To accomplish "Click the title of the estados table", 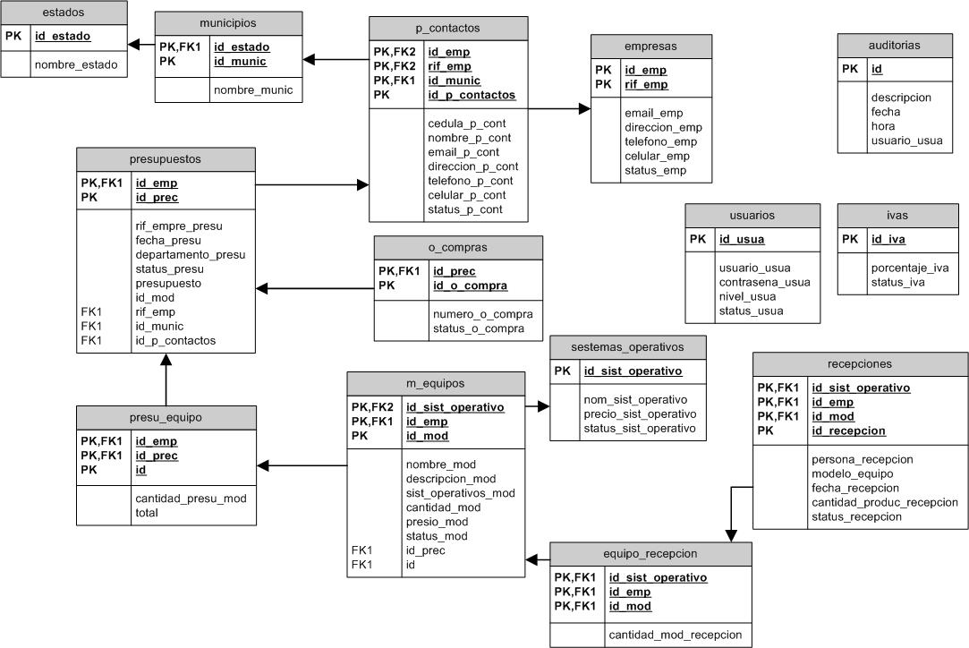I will (x=64, y=13).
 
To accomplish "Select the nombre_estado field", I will (x=75, y=64).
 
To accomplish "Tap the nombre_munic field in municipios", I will (x=251, y=90).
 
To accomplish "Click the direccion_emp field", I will (x=663, y=127).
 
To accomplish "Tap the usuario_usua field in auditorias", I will (x=906, y=141).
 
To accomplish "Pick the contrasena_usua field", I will (x=764, y=282).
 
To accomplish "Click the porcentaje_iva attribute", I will (x=909, y=268).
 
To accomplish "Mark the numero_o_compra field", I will (x=482, y=313).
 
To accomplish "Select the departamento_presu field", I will (x=190, y=254).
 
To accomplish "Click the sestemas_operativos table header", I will (x=628, y=346).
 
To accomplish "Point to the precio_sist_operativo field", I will (x=639, y=414).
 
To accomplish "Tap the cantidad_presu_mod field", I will (x=190, y=499).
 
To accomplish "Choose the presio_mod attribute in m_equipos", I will (x=437, y=522).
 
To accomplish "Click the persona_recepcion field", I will (x=862, y=459).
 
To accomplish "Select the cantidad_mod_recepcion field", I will (x=676, y=635).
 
